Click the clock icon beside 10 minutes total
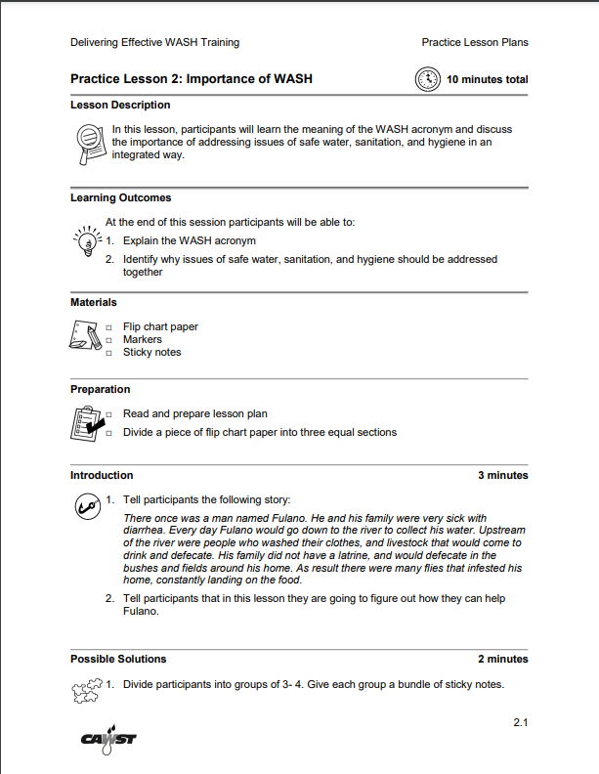427,79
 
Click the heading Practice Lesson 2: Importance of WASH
192,79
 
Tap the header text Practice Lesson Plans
474,42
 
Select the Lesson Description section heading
120,105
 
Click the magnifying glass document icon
90,142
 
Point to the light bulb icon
87,239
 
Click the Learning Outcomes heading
120,198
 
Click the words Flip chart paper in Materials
160,326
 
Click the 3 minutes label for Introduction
502,476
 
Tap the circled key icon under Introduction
87,506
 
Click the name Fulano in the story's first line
290,518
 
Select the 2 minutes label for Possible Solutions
502,660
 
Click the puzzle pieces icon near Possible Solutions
86,691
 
